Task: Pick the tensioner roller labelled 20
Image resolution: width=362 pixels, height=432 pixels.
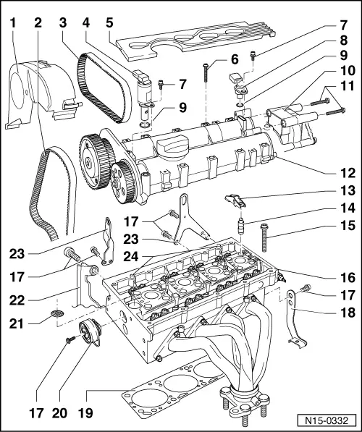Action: [x=90, y=334]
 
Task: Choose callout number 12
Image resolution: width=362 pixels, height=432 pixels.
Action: [x=348, y=172]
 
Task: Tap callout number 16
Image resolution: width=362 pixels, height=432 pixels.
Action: [x=348, y=277]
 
